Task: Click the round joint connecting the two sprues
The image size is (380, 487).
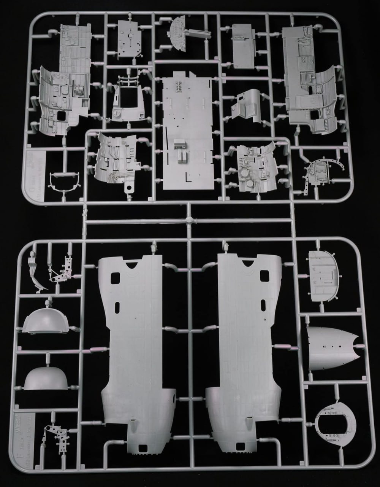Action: [188, 220]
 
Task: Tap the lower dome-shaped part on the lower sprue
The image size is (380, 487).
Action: [46, 379]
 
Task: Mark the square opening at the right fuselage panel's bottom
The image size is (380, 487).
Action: [240, 446]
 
